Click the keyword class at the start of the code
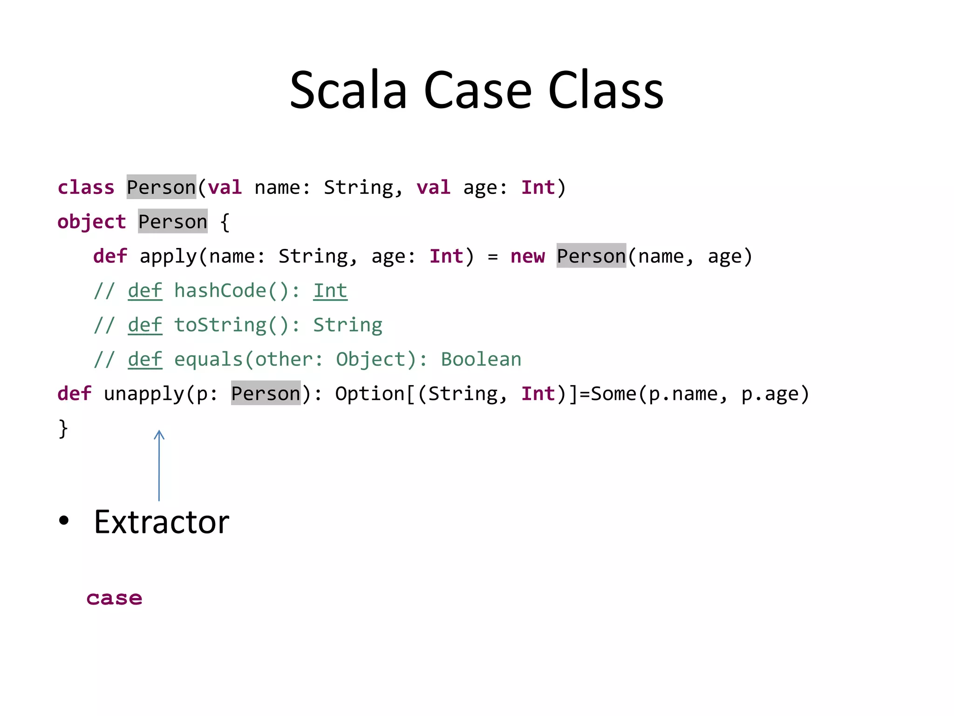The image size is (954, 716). click(86, 187)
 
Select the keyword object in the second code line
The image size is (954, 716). click(92, 222)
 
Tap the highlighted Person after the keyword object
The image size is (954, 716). click(173, 222)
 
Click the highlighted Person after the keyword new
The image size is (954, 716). click(591, 256)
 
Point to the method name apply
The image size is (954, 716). click(168, 256)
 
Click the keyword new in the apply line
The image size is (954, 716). click(527, 256)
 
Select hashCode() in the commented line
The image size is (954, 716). click(232, 291)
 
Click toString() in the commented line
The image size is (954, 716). click(232, 325)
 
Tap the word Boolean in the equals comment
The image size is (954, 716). click(481, 359)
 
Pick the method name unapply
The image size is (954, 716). click(144, 394)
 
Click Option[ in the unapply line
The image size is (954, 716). click(375, 394)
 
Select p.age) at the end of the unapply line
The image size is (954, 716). click(775, 394)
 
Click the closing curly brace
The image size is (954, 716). click(63, 428)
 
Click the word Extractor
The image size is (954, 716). click(161, 522)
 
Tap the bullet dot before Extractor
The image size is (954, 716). click(64, 521)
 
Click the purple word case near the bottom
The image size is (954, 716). click(114, 598)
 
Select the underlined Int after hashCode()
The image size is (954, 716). click(330, 291)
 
